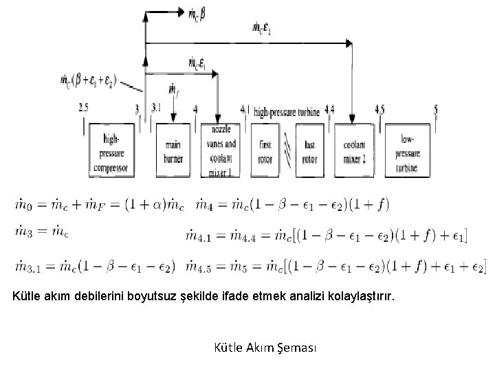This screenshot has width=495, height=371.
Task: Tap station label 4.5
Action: [379, 109]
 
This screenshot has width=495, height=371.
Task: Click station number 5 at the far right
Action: [436, 109]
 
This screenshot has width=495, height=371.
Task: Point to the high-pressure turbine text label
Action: [287, 111]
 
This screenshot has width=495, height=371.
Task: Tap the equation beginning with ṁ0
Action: [101, 205]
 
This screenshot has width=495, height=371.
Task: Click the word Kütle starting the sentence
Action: [28, 297]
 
